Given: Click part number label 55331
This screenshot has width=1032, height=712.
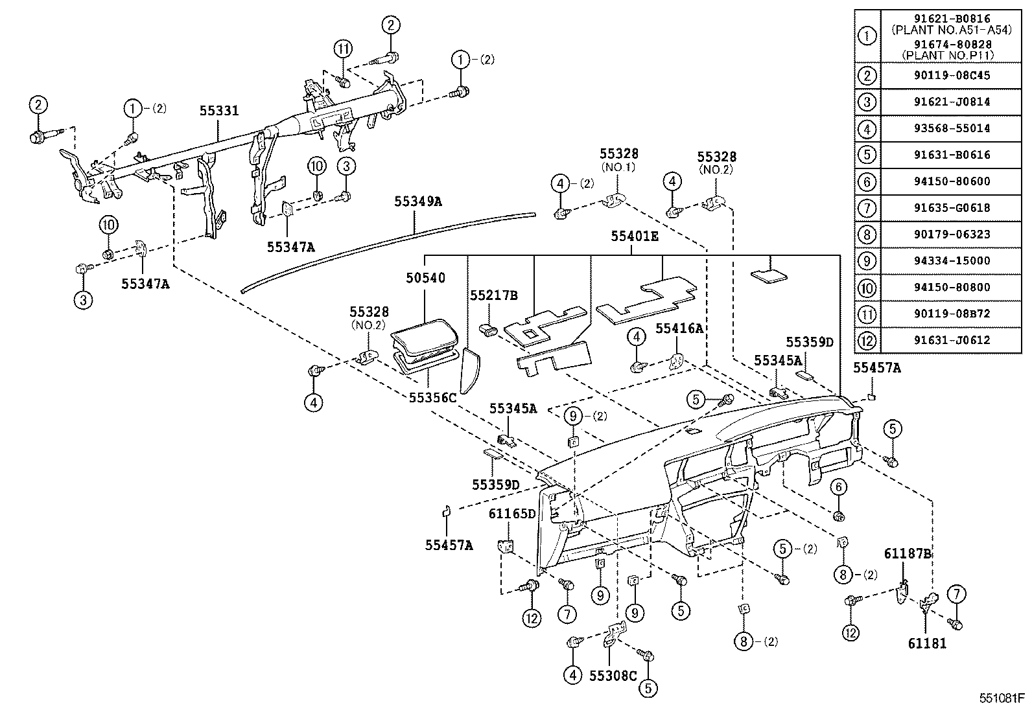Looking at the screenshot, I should click(218, 111).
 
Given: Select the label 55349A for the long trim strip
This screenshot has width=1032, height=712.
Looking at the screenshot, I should click(418, 201).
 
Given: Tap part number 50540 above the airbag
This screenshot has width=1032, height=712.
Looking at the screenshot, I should click(425, 278).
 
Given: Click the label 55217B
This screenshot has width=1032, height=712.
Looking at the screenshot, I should click(494, 295).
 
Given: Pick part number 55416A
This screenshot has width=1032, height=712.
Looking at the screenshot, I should click(679, 328).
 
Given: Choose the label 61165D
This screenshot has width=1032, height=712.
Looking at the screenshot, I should click(512, 514).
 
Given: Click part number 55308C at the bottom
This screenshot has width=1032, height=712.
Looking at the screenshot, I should click(613, 676).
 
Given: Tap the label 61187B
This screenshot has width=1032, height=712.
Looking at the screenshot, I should click(908, 553).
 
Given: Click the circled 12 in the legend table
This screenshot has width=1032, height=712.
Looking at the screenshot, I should click(867, 340).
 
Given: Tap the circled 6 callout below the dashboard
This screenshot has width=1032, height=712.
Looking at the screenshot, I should click(838, 487).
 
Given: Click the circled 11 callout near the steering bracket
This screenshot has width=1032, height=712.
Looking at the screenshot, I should click(344, 49).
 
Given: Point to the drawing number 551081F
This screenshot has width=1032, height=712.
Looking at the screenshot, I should click(1002, 699).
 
